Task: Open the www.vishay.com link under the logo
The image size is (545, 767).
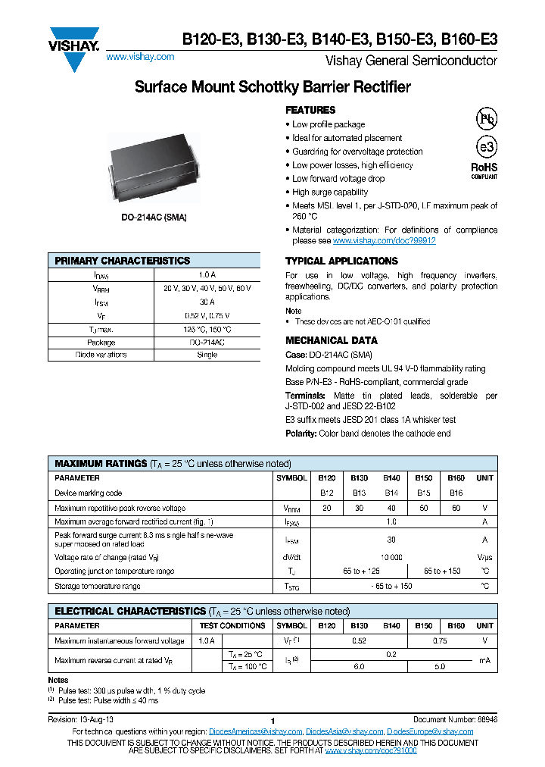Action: pyautogui.click(x=140, y=57)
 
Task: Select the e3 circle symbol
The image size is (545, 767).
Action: pyautogui.click(x=485, y=148)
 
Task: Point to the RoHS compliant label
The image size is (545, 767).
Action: pyautogui.click(x=484, y=170)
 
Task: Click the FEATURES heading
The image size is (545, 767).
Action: pyautogui.click(x=310, y=110)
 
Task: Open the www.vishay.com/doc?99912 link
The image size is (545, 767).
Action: pyautogui.click(x=384, y=240)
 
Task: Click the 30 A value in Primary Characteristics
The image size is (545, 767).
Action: pyautogui.click(x=207, y=302)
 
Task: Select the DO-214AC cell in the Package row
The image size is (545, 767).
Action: pyautogui.click(x=207, y=343)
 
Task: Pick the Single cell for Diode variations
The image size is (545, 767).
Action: pyautogui.click(x=207, y=355)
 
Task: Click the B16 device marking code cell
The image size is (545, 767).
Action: pyautogui.click(x=456, y=493)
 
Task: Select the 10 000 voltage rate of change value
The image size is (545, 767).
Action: pyautogui.click(x=391, y=557)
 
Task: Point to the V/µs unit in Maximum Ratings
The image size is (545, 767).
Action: pyautogui.click(x=484, y=557)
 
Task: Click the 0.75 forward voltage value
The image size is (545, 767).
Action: pyautogui.click(x=440, y=640)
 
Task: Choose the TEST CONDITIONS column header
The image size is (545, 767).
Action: pyautogui.click(x=232, y=626)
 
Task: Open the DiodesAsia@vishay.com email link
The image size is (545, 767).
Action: pyautogui.click(x=344, y=731)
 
